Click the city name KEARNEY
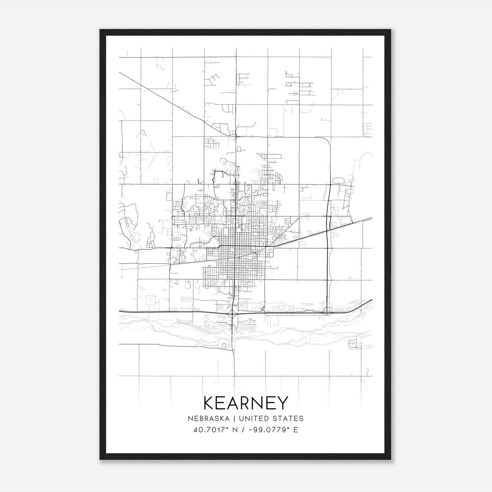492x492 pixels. (246, 403)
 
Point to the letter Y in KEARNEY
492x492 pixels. (282, 403)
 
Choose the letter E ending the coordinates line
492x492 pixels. (296, 430)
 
